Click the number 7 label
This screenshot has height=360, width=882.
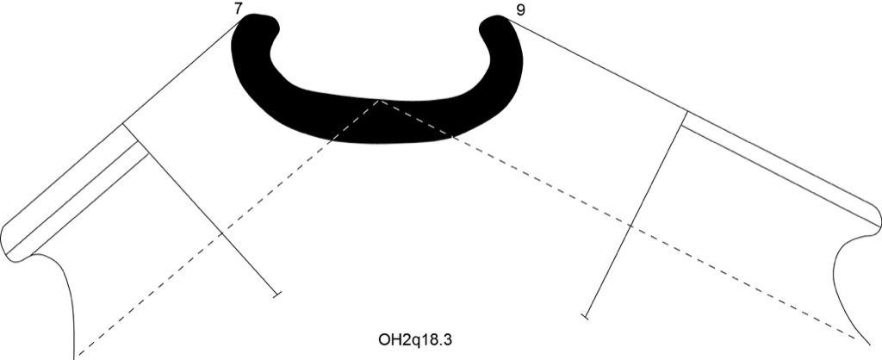[239, 9]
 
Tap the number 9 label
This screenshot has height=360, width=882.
[520, 10]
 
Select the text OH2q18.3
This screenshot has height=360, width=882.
[416, 339]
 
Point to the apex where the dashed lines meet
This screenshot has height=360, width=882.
[380, 101]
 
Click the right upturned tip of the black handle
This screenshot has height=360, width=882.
[494, 23]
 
